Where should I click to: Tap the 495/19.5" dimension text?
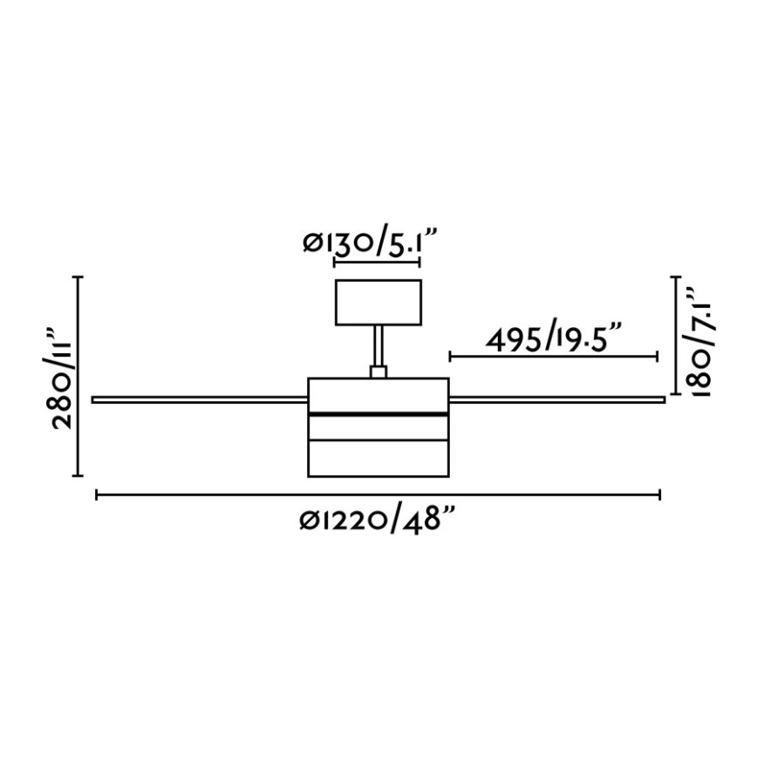pos(554,338)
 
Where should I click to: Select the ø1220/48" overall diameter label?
pos(378,521)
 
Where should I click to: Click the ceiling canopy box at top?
pos(378,301)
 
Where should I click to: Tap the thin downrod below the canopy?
pos(378,345)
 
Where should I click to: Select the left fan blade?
pos(200,399)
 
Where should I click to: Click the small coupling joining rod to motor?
pos(378,372)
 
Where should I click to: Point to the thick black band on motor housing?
pos(378,413)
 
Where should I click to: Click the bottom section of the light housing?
pos(378,460)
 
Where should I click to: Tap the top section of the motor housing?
pos(378,393)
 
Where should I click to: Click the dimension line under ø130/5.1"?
pos(377,263)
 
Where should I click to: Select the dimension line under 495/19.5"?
pos(553,357)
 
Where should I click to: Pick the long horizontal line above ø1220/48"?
pos(378,495)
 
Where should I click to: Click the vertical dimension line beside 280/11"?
pos(79,376)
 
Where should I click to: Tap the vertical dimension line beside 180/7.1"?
pos(675,335)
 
